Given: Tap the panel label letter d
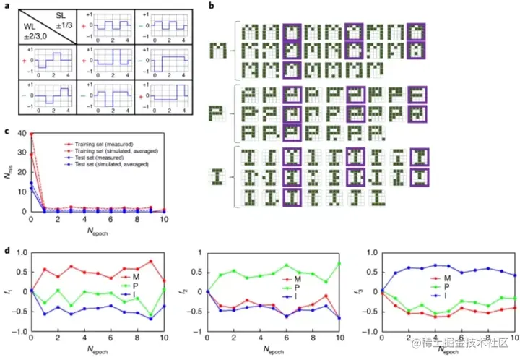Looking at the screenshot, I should tap(6, 251).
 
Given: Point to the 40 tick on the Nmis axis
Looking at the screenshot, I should tap(22, 134).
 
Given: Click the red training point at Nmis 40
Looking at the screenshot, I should tap(32, 134).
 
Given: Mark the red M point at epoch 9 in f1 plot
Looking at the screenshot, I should tap(151, 261).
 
